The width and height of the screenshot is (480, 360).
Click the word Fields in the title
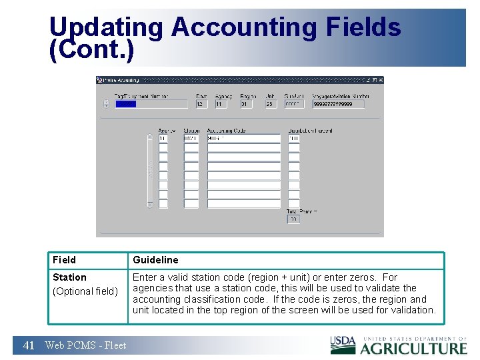(x=363, y=28)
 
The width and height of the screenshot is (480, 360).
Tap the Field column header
(x=65, y=260)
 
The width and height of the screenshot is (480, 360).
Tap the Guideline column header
(x=155, y=260)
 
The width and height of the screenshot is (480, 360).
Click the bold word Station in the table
(x=69, y=277)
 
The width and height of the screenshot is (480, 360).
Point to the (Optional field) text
(x=85, y=291)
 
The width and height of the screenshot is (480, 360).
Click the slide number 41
(x=29, y=345)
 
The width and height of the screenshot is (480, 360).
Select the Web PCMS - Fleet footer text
(x=85, y=345)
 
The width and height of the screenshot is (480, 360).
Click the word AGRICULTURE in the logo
(x=413, y=348)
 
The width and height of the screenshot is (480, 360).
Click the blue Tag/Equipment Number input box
(x=152, y=104)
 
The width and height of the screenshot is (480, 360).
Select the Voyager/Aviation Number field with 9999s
(x=339, y=104)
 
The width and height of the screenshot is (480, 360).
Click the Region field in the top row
(x=246, y=104)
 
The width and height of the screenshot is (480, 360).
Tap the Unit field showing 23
(x=270, y=104)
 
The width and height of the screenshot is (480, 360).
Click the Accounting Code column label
(x=227, y=131)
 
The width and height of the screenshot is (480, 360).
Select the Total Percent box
(x=293, y=219)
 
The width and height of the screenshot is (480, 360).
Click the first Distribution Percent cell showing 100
(x=294, y=139)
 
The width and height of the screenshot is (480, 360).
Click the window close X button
(x=380, y=80)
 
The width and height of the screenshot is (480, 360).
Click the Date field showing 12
(x=201, y=104)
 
